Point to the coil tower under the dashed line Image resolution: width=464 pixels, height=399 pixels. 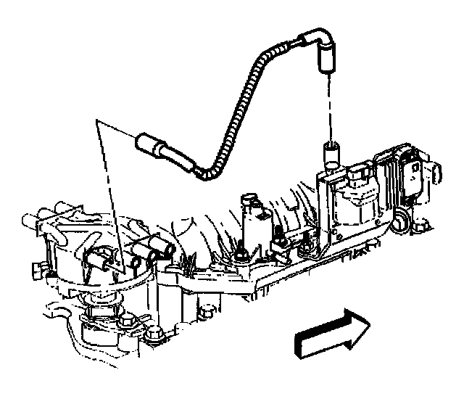(331, 155)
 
